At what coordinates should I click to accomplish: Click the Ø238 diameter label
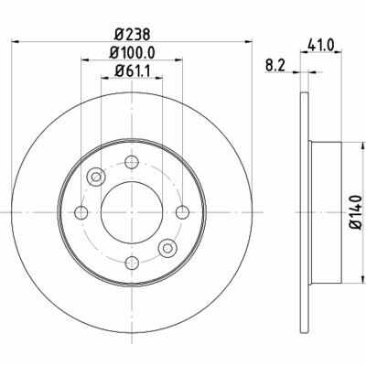[132, 35]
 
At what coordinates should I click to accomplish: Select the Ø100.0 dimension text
[133, 53]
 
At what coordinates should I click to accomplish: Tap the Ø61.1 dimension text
[132, 71]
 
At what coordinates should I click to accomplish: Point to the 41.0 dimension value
[321, 45]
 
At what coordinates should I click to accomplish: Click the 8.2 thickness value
[274, 66]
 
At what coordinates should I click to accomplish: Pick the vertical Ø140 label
[356, 212]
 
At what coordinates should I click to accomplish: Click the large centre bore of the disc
[132, 212]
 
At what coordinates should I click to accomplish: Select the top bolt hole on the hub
[132, 162]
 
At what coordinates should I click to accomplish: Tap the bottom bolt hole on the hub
[132, 263]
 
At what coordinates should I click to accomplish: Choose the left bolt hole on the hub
[81, 212]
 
